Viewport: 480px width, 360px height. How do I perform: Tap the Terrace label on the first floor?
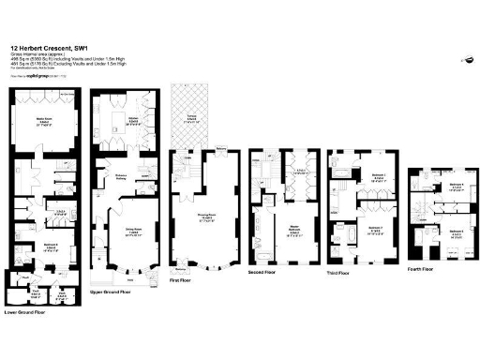coord(191,118)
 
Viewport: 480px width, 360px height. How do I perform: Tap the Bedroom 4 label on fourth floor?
coord(456,186)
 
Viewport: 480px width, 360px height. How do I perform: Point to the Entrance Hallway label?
coord(121,175)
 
